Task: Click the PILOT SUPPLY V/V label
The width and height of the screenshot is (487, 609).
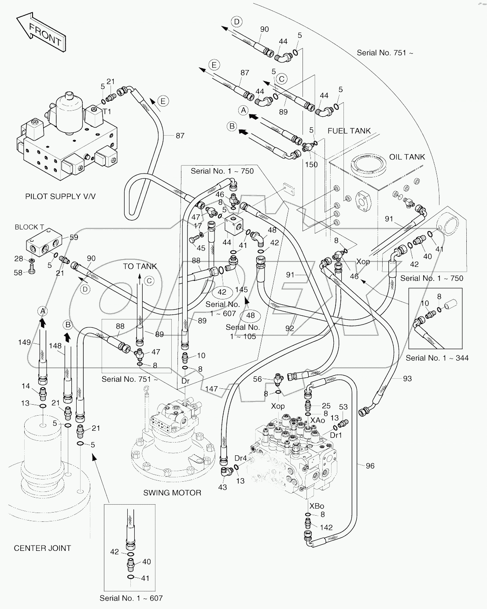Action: [60, 196]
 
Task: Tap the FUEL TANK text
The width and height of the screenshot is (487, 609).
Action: [349, 131]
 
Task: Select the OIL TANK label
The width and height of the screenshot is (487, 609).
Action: [407, 157]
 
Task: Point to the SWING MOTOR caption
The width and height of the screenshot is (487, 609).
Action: [172, 493]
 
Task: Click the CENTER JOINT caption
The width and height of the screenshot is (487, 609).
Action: [42, 548]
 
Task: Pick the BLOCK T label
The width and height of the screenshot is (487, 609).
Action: [29, 227]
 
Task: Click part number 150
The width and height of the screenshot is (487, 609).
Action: [311, 164]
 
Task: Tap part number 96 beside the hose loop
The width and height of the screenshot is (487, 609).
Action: [370, 465]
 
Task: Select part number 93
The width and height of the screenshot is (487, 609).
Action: [407, 378]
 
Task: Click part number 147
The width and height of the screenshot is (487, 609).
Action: [211, 389]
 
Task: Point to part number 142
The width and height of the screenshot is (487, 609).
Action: [326, 528]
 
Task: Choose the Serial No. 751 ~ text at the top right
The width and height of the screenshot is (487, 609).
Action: [385, 53]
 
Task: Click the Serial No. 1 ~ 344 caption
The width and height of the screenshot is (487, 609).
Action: [437, 358]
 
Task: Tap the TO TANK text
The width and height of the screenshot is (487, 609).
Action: [140, 266]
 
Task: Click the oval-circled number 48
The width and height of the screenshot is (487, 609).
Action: [250, 315]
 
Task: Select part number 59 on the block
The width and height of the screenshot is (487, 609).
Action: [74, 237]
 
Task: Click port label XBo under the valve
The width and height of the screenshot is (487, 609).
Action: [317, 506]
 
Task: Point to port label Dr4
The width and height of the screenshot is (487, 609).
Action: [241, 458]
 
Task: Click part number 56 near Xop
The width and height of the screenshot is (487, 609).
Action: [258, 379]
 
